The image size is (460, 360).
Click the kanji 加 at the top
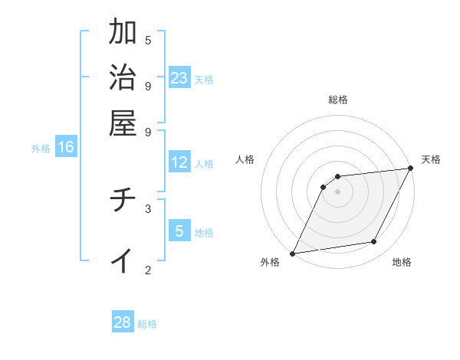click(123, 33)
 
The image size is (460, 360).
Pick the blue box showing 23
click(179, 77)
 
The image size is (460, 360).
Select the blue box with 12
click(179, 162)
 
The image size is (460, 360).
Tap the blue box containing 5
click(179, 231)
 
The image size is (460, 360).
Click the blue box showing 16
click(66, 147)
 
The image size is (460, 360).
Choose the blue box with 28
click(123, 322)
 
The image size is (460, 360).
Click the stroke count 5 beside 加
click(148, 40)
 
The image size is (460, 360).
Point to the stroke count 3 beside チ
click(148, 208)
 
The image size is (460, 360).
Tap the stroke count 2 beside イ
click(148, 269)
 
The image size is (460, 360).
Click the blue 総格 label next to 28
click(147, 324)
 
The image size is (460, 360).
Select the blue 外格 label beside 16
click(41, 149)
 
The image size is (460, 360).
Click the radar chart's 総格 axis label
click(338, 100)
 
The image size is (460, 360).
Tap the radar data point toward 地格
click(374, 242)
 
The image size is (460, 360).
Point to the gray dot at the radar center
click(338, 191)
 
